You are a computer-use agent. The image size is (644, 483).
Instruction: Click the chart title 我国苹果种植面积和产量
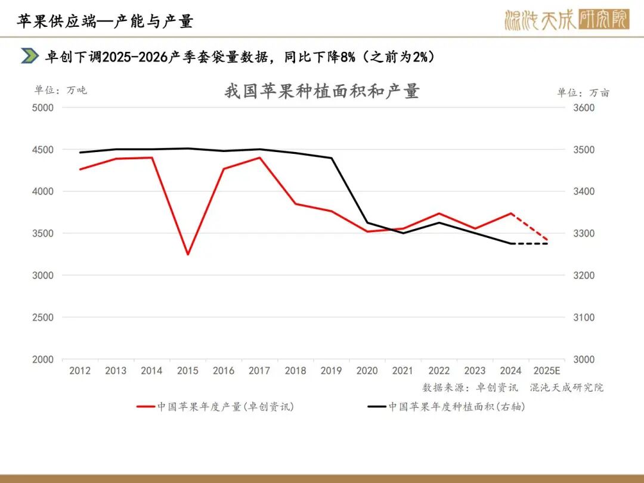pos(322,91)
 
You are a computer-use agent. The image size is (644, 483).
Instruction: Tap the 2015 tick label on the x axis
pos(187,371)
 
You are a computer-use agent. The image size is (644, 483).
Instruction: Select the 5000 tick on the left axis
pos(43,108)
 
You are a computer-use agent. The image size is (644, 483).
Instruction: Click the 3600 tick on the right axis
pos(584,108)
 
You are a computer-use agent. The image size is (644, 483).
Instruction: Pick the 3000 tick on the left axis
pos(43,275)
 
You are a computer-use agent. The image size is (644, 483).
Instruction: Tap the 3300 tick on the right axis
pos(584,234)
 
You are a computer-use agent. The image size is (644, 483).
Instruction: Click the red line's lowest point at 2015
pos(187,255)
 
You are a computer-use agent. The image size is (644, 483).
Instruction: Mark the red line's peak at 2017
pos(259,157)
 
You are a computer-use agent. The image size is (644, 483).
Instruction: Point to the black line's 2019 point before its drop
pos(331,158)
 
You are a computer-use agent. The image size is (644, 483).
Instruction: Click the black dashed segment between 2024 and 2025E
pos(530,243)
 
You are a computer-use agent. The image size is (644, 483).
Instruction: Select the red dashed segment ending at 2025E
pos(530,227)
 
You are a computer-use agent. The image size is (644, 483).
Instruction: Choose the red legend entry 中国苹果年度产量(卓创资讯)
pos(215,407)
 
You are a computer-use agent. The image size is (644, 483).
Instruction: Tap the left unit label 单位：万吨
pos(60,90)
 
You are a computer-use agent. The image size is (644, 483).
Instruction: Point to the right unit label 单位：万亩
pos(583,92)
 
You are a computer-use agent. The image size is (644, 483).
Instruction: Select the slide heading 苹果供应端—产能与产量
pos(105,21)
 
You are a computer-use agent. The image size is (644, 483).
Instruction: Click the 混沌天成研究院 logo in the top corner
pos(566,20)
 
